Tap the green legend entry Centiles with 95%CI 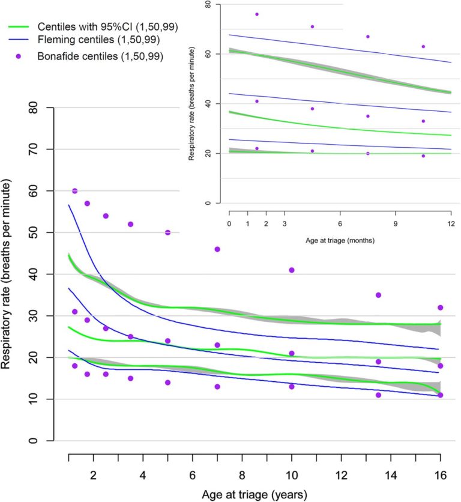point(107,27)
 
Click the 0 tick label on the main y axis point(43,441)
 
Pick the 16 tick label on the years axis point(440,475)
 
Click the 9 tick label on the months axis point(395,224)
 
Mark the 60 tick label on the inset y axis point(206,53)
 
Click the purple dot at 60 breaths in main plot point(75,191)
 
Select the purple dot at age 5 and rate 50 point(168,232)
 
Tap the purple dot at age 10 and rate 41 point(292,270)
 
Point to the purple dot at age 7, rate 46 point(217,249)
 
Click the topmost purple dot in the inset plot point(257,14)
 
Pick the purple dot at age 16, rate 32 point(440,307)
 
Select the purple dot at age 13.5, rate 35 point(378,295)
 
